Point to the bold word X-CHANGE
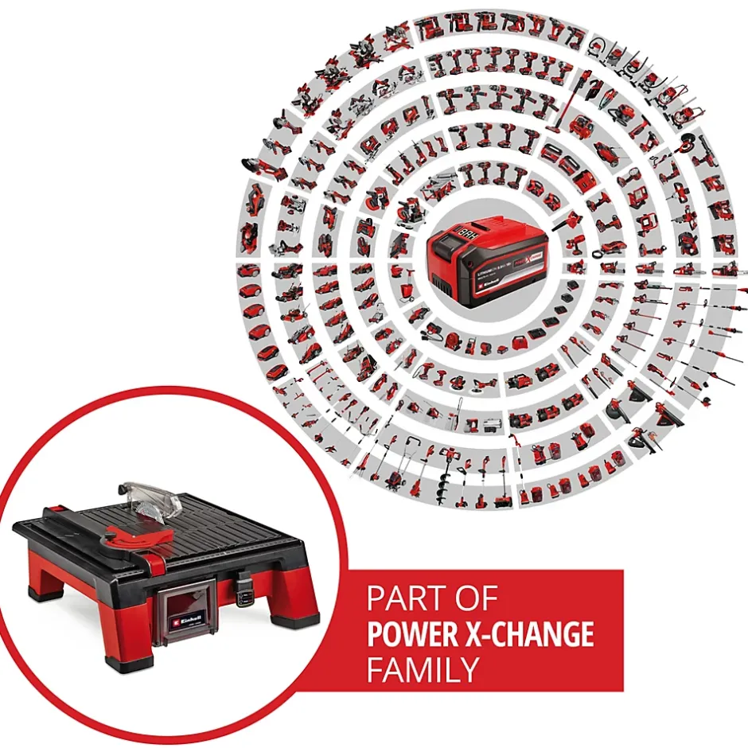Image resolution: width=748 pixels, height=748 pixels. pyautogui.click(x=536, y=634)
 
